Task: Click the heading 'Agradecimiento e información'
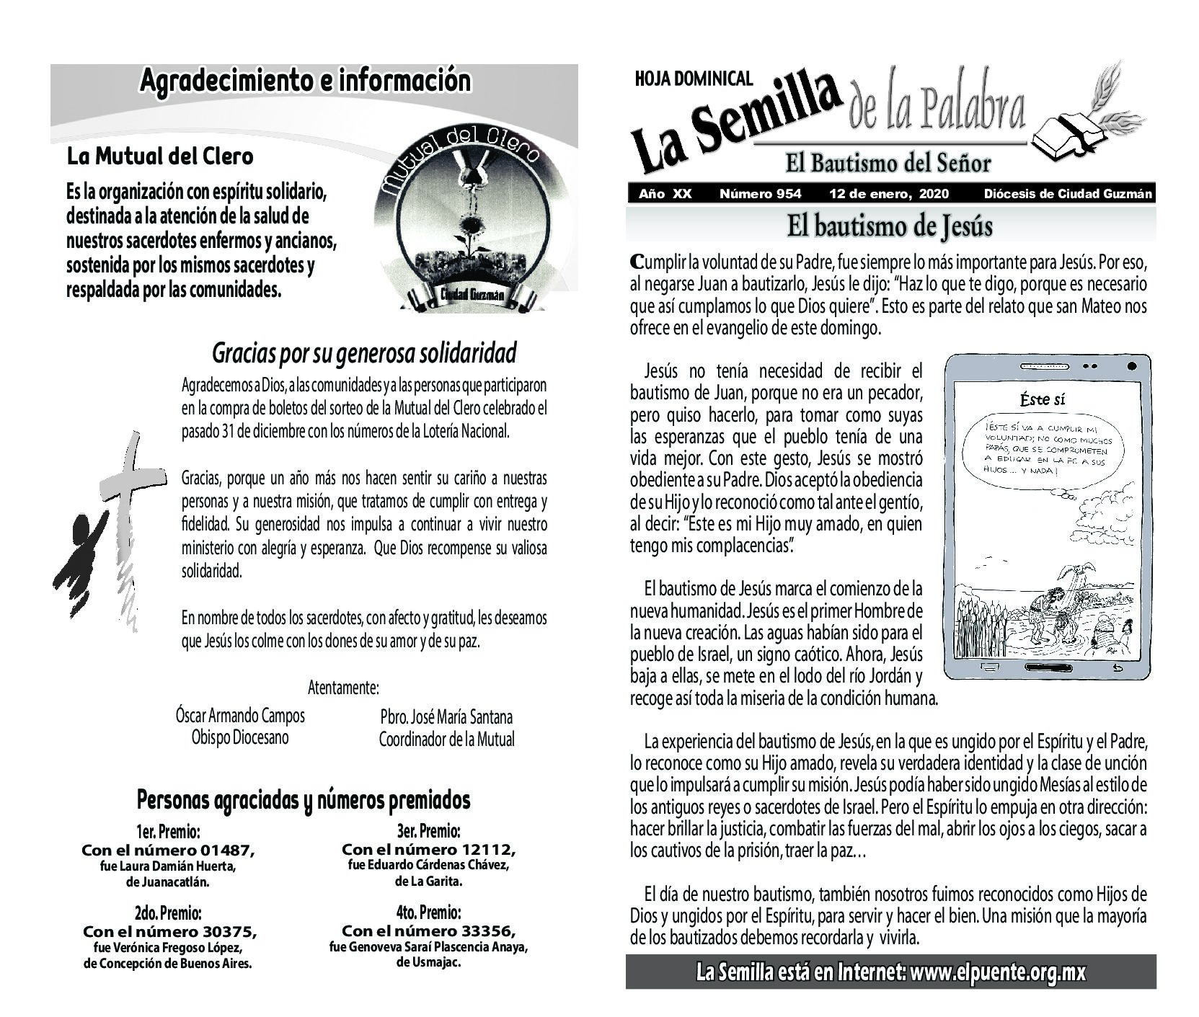305,80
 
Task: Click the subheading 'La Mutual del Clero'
159,156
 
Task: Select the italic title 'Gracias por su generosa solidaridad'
364,353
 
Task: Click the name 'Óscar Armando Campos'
240,716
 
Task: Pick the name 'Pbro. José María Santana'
446,717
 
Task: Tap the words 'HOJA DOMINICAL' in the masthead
694,79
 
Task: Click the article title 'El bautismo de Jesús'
890,226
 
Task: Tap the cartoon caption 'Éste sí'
1043,399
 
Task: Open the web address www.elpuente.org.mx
998,972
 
